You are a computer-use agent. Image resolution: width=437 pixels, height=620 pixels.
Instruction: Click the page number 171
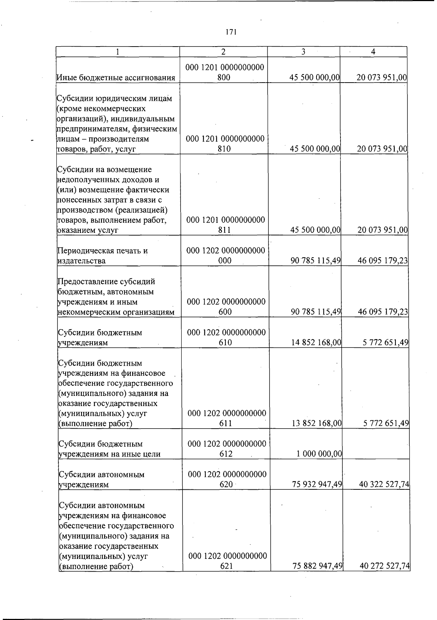pos(231,32)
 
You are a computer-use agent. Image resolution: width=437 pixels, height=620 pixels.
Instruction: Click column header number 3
pos(303,52)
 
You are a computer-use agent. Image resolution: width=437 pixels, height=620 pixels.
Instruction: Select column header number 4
pos(373,52)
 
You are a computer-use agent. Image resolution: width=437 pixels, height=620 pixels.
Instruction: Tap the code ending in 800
pos(224,72)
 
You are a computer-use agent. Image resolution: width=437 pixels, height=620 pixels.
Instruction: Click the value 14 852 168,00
pos(317,342)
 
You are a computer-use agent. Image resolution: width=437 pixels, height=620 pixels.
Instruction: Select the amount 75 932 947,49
pos(317,484)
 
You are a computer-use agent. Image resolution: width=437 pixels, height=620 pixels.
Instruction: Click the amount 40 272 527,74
pos(384,566)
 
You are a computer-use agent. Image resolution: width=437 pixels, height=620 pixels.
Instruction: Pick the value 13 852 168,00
pos(317,423)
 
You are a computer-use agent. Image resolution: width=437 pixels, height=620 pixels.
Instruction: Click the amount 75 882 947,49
pos(317,566)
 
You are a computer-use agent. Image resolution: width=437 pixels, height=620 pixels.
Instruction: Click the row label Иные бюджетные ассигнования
pos(116,77)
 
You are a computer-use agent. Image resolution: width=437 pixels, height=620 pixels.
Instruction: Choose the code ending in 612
pos(227,449)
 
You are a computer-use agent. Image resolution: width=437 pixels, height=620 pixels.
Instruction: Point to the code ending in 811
pos(225,225)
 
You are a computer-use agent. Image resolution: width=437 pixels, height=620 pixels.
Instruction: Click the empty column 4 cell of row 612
pos(376,444)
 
